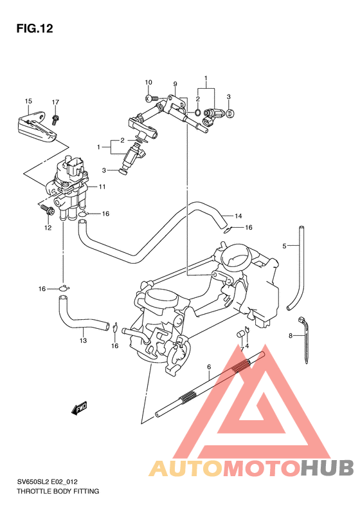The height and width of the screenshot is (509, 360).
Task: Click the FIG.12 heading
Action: (x=33, y=29)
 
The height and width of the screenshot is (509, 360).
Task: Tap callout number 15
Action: (x=28, y=102)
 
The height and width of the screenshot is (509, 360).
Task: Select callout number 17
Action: (x=55, y=102)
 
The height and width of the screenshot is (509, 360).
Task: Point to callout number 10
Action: (x=148, y=82)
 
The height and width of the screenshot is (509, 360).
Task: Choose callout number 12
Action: (x=48, y=227)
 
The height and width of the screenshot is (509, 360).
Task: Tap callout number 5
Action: (x=283, y=246)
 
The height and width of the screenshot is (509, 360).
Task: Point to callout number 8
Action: (x=291, y=336)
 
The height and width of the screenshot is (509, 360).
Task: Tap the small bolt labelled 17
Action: (x=56, y=118)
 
